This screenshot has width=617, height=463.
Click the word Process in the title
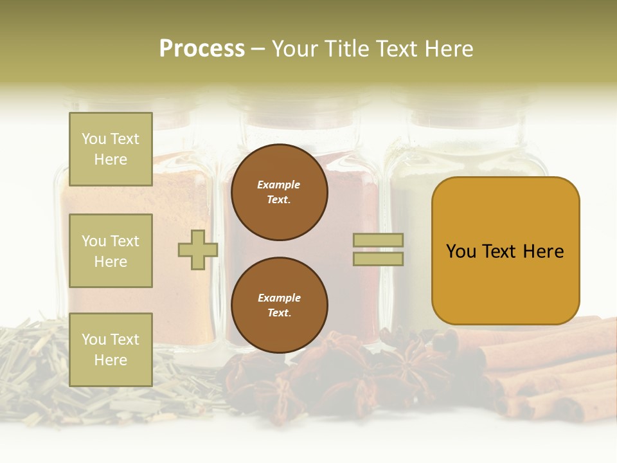coord(202,49)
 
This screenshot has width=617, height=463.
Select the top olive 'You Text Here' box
coord(111,149)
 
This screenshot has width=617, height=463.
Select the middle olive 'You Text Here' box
coord(111,251)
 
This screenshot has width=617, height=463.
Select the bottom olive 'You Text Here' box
coord(111,349)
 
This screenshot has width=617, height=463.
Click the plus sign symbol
coord(198,250)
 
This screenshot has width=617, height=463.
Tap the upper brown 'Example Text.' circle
coord(279,192)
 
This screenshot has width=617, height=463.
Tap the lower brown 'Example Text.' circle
coord(279,305)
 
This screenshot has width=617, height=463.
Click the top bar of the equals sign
coord(379,240)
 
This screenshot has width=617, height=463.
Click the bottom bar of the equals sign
coord(379,259)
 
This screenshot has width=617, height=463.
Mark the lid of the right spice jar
coord(463,109)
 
